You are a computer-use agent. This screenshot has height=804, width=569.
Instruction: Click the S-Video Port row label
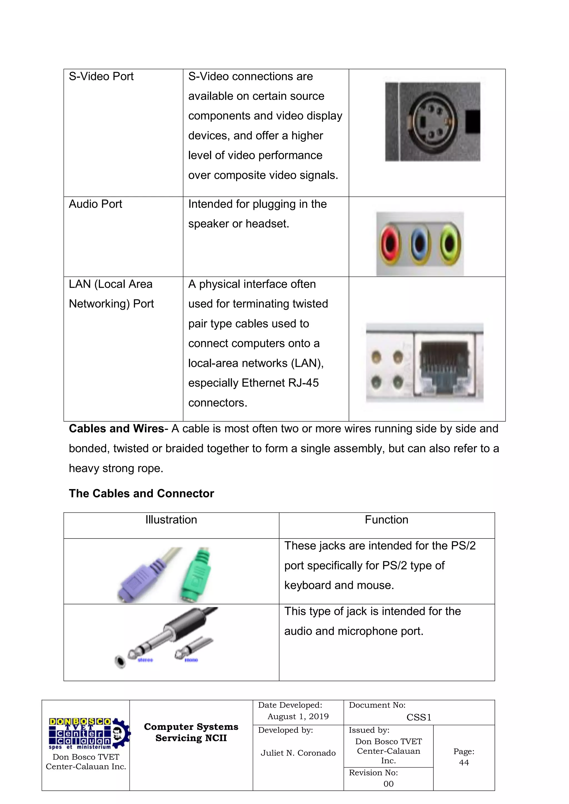[x=101, y=76]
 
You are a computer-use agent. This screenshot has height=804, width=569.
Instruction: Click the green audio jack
[x=450, y=244]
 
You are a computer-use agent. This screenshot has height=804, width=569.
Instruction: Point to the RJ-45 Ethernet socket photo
[x=444, y=364]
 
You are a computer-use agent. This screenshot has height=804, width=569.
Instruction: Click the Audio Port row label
[x=95, y=204]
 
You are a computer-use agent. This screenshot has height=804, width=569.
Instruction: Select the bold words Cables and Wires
[x=116, y=429]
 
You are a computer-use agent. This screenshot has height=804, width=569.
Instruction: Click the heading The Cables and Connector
[x=141, y=494]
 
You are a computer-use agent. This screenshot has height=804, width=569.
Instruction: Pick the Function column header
[x=386, y=520]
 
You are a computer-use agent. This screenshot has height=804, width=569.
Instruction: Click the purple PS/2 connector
[x=140, y=578]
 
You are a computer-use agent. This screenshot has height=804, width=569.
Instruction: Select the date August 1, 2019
[x=298, y=717]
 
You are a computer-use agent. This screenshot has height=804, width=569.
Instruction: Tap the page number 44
[x=464, y=762]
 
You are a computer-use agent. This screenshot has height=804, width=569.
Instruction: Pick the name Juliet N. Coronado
[x=298, y=753]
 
